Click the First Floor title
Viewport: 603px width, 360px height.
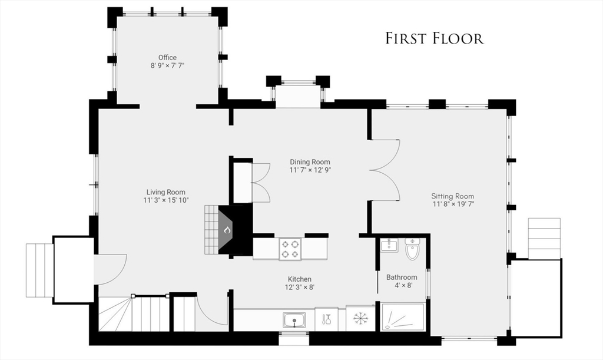[x=434, y=38]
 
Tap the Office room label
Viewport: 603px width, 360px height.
[x=167, y=58]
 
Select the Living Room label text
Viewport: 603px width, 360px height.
[x=165, y=192]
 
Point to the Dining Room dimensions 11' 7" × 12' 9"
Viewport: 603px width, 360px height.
[x=310, y=170]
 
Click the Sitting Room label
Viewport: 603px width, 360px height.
[x=453, y=196]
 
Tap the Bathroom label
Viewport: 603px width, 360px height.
[x=402, y=278]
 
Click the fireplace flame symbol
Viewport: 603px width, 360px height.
[x=227, y=230]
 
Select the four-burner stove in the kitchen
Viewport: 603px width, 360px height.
[x=290, y=249]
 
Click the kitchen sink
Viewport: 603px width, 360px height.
[x=294, y=320]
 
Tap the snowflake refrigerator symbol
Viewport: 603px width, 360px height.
[x=361, y=318]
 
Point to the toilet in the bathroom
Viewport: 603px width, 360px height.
[x=412, y=249]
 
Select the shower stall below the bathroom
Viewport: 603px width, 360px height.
[x=403, y=317]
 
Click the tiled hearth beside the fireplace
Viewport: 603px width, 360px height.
[x=211, y=229]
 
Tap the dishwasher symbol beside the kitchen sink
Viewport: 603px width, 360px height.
[x=326, y=319]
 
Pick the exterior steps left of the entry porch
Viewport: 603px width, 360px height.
[x=39, y=270]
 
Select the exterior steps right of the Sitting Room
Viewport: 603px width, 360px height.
[x=544, y=239]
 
